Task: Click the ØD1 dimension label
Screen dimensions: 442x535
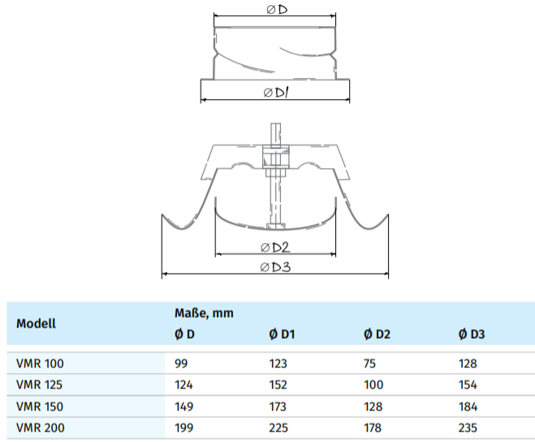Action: tap(277, 93)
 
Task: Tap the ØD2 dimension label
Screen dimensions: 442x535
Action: tap(275, 246)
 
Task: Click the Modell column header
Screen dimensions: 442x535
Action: tap(37, 323)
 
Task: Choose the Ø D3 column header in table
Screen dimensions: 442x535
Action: tap(472, 335)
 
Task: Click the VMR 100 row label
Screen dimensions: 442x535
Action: tap(40, 364)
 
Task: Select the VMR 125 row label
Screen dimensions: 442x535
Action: tap(39, 385)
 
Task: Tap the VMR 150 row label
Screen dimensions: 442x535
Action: tap(39, 406)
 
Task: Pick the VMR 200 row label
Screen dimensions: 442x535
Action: tap(40, 427)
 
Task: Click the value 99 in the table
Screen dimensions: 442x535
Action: tap(181, 364)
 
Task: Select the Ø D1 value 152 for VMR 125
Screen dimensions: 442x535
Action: tap(278, 385)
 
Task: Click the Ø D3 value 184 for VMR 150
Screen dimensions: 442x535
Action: tap(468, 406)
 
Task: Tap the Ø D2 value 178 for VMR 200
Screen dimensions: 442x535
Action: tap(373, 427)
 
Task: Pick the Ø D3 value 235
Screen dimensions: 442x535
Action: tap(468, 427)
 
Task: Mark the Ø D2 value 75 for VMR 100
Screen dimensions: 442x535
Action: tap(370, 364)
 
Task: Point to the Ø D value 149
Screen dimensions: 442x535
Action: tap(183, 406)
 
